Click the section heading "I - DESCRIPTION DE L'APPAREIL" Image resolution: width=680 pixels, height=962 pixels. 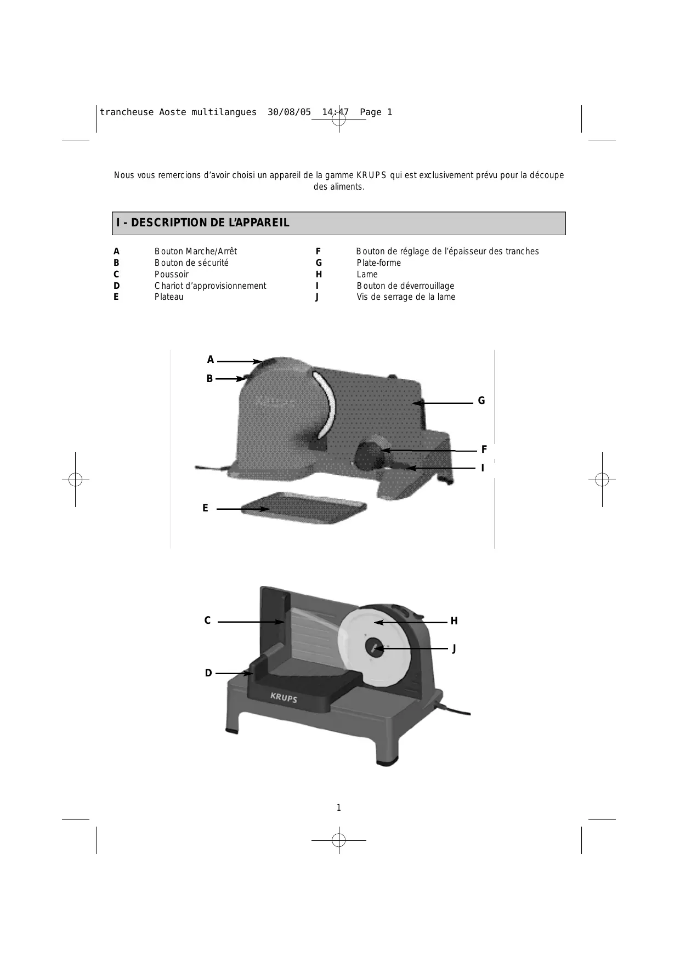(x=202, y=223)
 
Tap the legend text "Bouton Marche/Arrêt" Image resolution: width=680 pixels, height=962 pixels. (x=196, y=252)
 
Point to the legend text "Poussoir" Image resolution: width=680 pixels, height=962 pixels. (x=172, y=274)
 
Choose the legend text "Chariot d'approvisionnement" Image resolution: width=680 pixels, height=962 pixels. (x=210, y=286)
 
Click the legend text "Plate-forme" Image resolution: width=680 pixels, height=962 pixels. (x=379, y=263)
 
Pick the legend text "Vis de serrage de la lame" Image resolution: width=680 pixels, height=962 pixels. (x=406, y=297)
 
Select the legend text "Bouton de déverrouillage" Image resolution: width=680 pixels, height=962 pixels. (x=405, y=286)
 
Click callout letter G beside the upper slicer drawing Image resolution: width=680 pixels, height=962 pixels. (x=481, y=401)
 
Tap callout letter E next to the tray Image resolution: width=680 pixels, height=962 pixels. (x=205, y=508)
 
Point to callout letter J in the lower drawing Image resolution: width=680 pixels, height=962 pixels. (x=454, y=648)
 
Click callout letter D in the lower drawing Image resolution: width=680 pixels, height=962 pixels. (x=208, y=673)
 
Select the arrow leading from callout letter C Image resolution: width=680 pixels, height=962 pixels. (x=251, y=622)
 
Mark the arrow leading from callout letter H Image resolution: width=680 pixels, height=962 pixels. (x=410, y=623)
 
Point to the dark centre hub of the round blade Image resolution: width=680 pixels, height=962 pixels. (x=375, y=647)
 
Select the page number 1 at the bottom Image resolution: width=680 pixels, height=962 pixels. (x=338, y=807)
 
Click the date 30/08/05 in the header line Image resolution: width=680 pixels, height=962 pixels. (x=289, y=112)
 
